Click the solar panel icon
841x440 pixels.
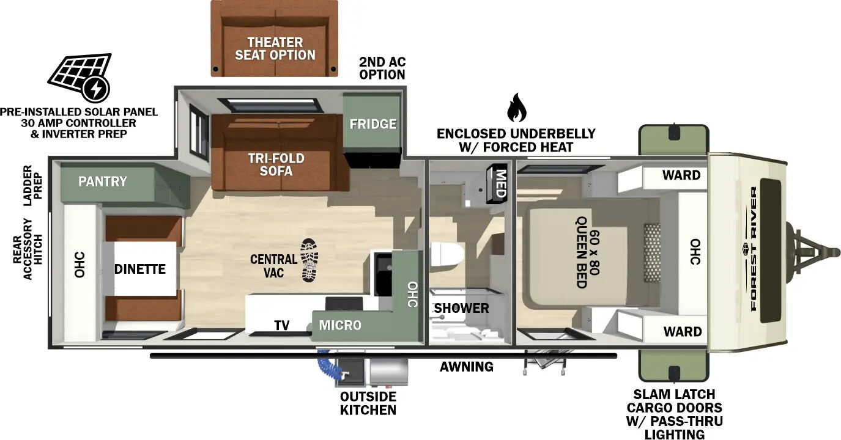80,77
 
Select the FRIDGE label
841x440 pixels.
372,124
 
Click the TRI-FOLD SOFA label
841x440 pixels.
276,164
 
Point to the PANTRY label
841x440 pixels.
103,182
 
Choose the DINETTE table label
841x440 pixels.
140,269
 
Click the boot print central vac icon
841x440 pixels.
309,260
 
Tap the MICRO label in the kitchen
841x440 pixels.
340,325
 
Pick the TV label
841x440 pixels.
281,325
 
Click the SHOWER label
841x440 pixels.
462,308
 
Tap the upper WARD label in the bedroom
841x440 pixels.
681,175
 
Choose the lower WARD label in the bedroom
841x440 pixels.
682,332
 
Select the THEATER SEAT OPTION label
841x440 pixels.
275,48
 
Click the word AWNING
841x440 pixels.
466,367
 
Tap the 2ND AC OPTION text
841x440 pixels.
382,68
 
